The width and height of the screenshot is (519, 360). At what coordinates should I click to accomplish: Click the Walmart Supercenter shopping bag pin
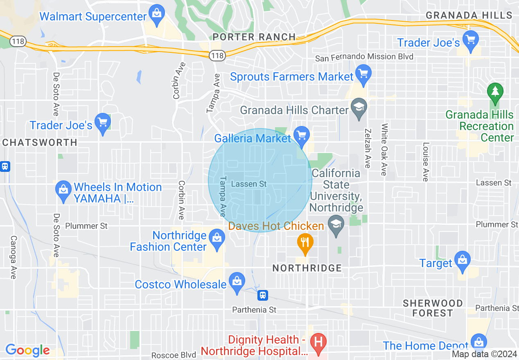(x=156, y=13)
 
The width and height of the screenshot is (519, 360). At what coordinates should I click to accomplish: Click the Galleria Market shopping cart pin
(x=302, y=135)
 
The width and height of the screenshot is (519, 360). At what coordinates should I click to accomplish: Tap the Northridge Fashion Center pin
(x=217, y=239)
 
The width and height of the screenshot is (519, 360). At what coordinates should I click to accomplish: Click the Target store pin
(x=462, y=261)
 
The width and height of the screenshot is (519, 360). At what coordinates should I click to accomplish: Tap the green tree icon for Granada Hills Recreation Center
(x=495, y=92)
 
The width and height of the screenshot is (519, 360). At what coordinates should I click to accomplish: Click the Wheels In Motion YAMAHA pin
(x=63, y=190)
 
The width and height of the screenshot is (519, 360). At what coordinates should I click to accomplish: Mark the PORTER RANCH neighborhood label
(x=254, y=37)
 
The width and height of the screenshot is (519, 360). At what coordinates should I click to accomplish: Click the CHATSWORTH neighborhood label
(x=40, y=142)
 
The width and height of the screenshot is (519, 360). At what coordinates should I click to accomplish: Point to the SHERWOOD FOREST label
(x=433, y=308)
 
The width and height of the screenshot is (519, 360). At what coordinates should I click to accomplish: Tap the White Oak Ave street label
(x=384, y=150)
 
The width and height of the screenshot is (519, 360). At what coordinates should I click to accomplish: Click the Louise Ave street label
(x=426, y=162)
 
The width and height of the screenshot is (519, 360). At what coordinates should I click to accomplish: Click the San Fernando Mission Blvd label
(x=364, y=57)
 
